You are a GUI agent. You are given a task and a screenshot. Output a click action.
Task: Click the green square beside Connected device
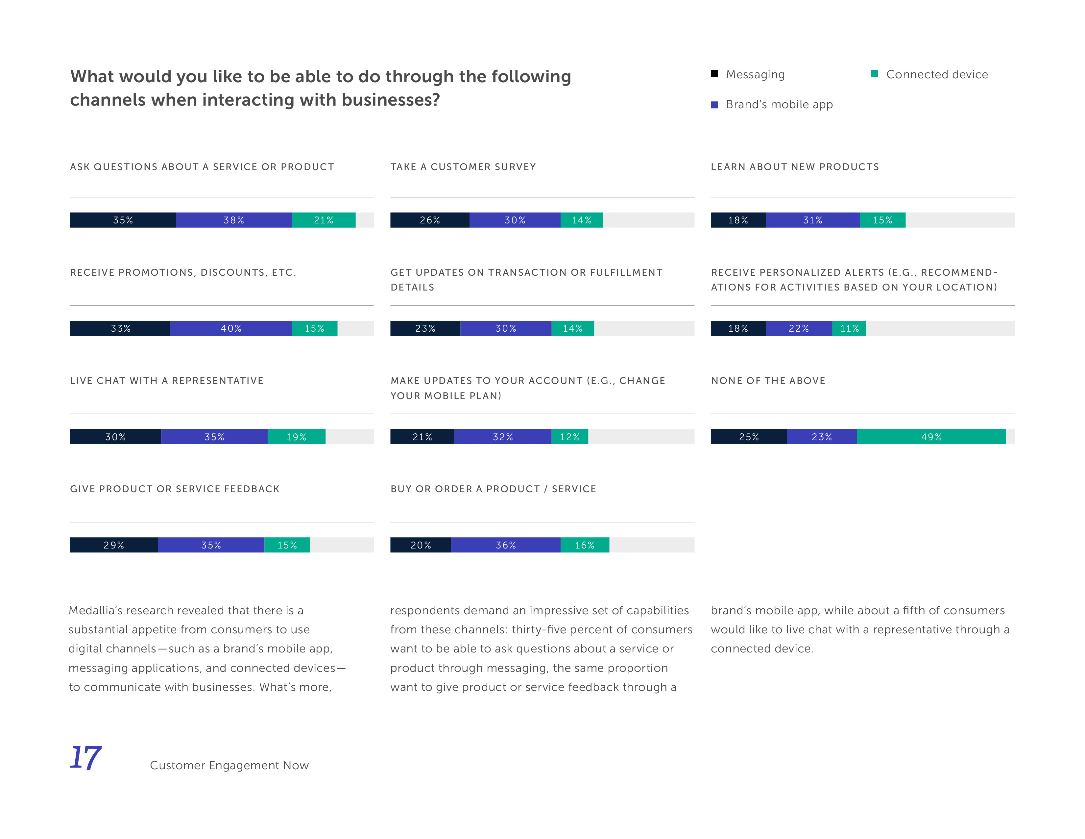click(x=875, y=74)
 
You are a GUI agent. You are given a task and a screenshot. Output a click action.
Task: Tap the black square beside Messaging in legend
click(x=714, y=74)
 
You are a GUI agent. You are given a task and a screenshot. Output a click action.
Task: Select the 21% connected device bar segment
click(x=324, y=220)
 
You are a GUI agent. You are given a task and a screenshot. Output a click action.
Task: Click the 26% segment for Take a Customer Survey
click(x=430, y=220)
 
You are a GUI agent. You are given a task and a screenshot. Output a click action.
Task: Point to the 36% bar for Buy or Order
click(x=506, y=545)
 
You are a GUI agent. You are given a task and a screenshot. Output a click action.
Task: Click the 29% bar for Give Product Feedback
click(x=114, y=545)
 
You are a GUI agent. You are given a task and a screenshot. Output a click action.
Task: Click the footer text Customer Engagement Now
click(x=229, y=765)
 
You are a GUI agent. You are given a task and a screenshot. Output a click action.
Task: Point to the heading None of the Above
click(x=768, y=381)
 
